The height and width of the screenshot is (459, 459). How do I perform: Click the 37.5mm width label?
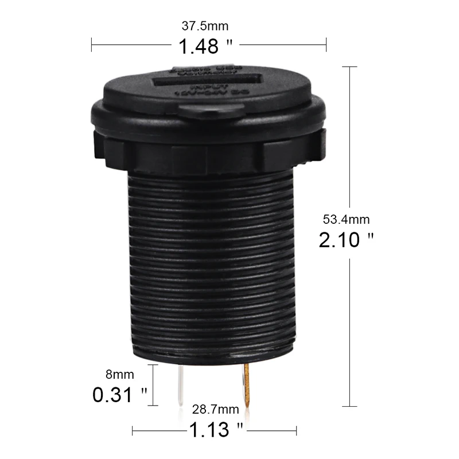pos(209,26)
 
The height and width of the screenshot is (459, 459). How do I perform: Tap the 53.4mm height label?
pos(347,219)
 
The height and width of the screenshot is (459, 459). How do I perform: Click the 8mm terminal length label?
pos(119,375)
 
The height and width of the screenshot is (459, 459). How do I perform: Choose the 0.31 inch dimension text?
pos(120,395)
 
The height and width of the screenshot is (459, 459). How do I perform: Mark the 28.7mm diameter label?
pos(216,409)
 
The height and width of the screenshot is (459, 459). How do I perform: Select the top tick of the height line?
pos(350,67)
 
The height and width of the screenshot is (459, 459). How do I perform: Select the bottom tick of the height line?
pos(350,406)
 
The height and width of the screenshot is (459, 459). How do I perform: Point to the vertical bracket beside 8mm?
pos(153,385)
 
